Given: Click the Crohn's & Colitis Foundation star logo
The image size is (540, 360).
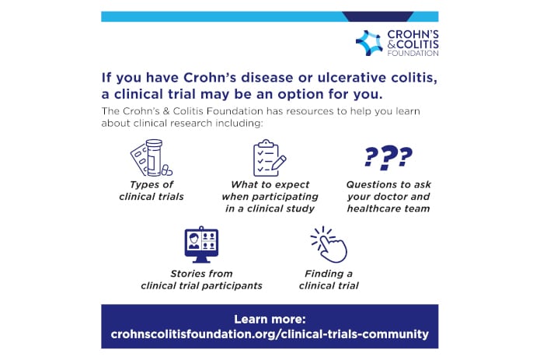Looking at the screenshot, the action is click(369, 43).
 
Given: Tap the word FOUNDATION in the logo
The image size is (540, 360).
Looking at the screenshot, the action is click(413, 54).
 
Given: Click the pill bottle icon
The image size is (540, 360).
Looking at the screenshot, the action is click(154, 157).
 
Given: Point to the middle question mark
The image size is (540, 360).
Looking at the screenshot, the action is click(388, 158).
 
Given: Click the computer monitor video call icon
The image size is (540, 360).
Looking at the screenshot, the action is click(201, 245).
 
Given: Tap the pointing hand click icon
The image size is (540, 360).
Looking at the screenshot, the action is click(329, 245).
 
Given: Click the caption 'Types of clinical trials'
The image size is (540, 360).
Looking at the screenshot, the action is click(152, 190).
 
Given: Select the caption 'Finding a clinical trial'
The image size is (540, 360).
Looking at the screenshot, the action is click(329, 279).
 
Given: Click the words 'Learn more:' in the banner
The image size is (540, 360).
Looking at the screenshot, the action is click(270, 319).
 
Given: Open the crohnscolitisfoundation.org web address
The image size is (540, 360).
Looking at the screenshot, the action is click(270, 334).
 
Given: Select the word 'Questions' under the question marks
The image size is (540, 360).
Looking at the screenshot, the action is click(368, 184).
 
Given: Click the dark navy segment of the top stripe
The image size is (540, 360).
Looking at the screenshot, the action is click(378, 16).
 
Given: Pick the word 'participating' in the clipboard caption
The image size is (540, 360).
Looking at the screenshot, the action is click(289, 197).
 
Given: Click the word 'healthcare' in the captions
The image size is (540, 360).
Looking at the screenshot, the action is click(368, 208).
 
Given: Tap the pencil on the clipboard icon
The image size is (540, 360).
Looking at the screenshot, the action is click(279, 163).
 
